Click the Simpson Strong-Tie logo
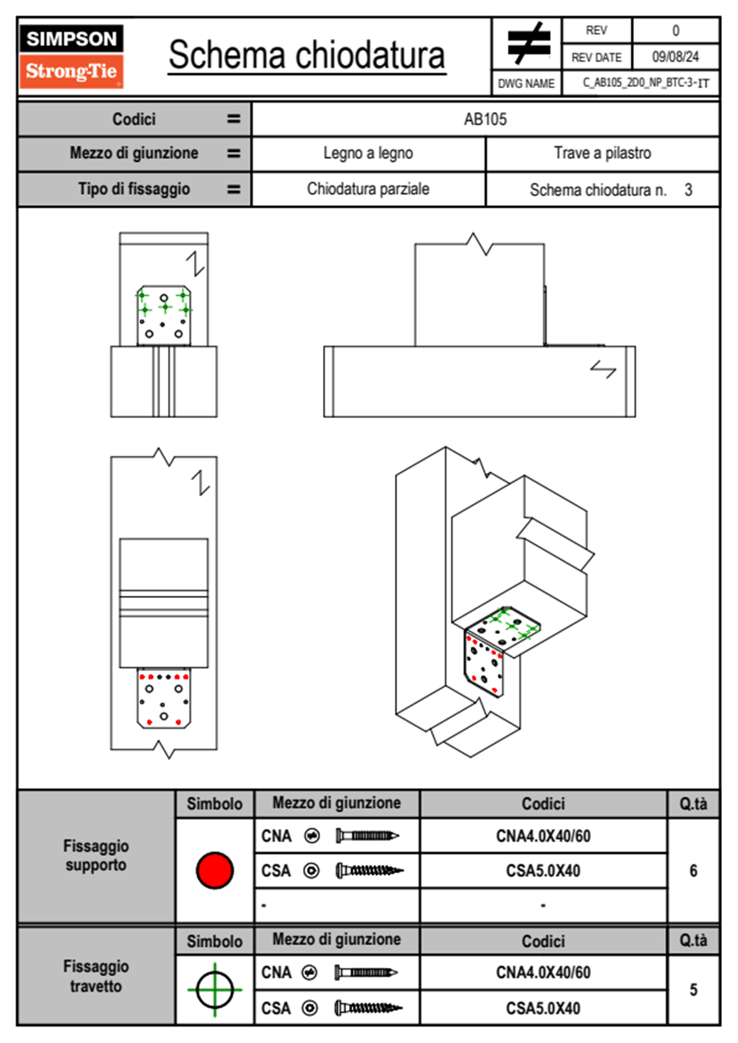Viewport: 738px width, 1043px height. tap(71, 56)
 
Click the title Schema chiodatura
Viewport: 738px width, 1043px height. tap(307, 55)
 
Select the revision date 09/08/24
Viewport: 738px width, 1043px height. tap(675, 57)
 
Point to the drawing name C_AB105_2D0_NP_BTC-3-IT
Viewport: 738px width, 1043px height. tap(645, 83)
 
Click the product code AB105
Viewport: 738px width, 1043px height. tap(485, 119)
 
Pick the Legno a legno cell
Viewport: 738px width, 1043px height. tap(368, 153)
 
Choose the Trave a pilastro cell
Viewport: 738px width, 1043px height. tap(602, 153)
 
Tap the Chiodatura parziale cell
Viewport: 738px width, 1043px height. tap(368, 189)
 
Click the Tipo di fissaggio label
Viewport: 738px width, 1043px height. tap(134, 189)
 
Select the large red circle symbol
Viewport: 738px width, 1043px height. tap(215, 870)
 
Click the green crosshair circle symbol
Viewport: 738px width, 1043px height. tap(215, 990)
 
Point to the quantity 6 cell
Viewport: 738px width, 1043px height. tap(693, 871)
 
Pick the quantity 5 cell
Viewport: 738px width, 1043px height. tap(693, 990)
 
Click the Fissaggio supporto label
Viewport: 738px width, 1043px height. tap(96, 856)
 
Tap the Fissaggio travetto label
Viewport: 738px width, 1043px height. tap(96, 976)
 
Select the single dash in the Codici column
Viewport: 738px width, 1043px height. tap(543, 905)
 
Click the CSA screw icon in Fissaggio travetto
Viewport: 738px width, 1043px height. tap(368, 1008)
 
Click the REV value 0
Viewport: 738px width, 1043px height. tap(675, 30)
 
